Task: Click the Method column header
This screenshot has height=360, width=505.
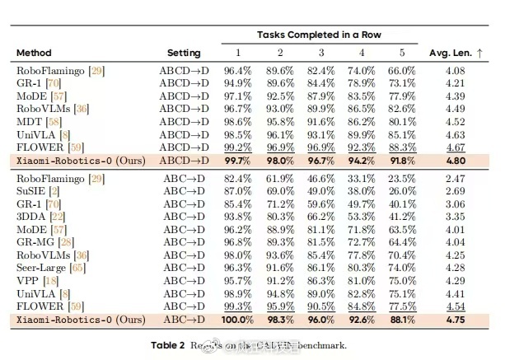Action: (34, 53)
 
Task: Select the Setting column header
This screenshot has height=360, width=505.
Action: (183, 53)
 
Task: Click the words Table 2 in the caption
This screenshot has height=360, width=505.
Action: (171, 344)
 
